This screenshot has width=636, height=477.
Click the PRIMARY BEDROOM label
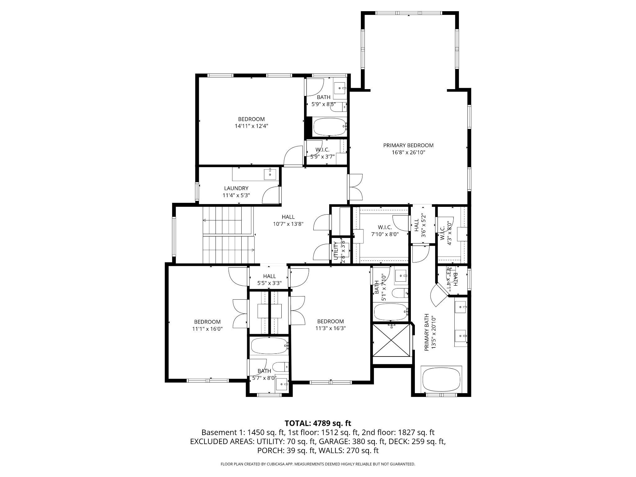click(x=408, y=145)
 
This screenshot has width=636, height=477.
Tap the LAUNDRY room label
click(x=236, y=188)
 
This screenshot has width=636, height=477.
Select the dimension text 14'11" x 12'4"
click(x=251, y=126)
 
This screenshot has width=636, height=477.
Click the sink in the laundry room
click(x=270, y=174)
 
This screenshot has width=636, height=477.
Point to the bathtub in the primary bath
click(x=441, y=379)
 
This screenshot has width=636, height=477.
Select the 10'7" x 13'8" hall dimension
click(x=288, y=224)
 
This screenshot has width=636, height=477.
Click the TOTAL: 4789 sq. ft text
click(x=318, y=423)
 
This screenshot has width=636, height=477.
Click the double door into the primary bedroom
click(x=356, y=187)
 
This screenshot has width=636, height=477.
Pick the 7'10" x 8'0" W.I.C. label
click(x=385, y=234)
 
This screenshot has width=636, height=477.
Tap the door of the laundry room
click(x=271, y=195)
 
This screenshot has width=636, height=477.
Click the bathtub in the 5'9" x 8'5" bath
click(x=329, y=127)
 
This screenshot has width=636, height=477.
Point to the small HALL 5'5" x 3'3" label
click(x=269, y=279)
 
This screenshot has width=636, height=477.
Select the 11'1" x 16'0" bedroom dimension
click(x=207, y=329)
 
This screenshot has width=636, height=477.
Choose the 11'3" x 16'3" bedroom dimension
click(x=330, y=328)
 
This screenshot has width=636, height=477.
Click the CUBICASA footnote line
click(x=318, y=464)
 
